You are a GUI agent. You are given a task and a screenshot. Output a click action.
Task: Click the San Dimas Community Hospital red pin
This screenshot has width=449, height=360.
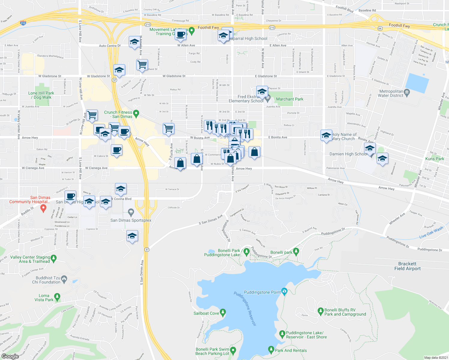(x=44, y=208)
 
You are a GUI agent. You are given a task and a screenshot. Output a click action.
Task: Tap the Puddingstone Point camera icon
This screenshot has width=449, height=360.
(x=285, y=291)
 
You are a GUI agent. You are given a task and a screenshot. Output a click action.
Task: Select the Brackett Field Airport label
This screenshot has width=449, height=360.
(x=407, y=266)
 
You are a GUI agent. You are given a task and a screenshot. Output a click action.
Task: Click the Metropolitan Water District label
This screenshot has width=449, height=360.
(x=391, y=93)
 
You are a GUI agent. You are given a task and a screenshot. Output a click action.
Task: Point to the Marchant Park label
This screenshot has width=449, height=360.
(x=290, y=99)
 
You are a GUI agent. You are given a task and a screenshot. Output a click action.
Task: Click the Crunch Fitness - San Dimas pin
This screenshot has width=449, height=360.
(x=136, y=113)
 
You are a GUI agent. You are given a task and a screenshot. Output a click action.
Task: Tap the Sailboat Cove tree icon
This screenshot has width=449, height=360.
(x=223, y=313)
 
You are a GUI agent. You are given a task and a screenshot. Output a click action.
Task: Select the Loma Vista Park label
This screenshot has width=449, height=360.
(x=44, y=298)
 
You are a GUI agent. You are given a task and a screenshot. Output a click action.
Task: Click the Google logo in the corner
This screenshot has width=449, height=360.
(x=10, y=356)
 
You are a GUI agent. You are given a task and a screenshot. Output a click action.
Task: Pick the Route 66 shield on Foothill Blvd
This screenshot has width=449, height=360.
(x=380, y=28)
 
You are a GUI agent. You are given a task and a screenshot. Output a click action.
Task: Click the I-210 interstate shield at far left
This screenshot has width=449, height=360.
(x=23, y=23)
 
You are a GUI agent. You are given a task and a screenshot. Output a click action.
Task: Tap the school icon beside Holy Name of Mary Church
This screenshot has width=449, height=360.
(x=326, y=135)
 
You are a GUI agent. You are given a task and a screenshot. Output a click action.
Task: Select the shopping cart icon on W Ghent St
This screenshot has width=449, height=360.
(x=142, y=64)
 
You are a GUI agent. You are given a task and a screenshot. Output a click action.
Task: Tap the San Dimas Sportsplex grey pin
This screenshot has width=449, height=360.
(x=131, y=212)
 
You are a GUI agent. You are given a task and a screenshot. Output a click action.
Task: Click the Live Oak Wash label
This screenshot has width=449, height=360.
(x=431, y=232)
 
